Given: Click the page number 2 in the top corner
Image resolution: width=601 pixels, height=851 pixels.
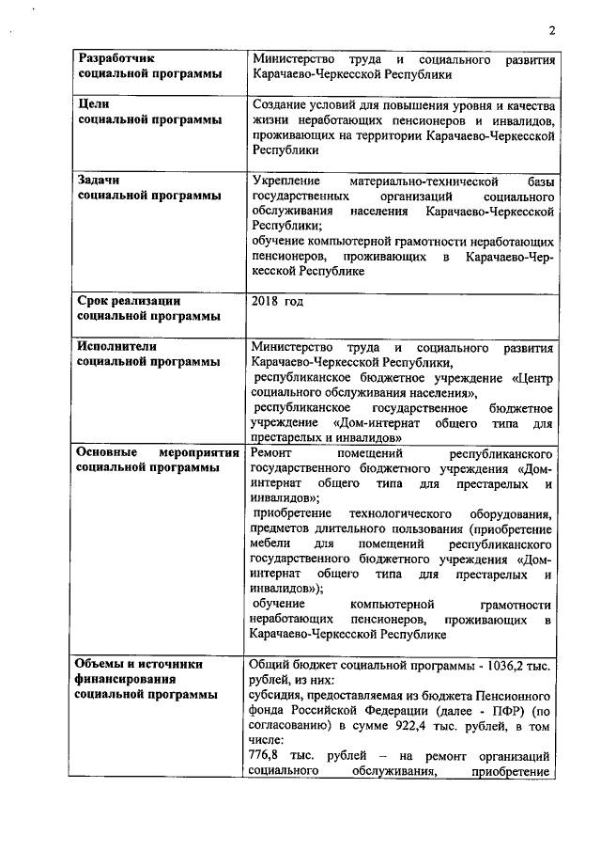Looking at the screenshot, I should click(x=552, y=30).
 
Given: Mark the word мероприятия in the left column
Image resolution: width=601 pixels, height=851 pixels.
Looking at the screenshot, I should click(x=187, y=452).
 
